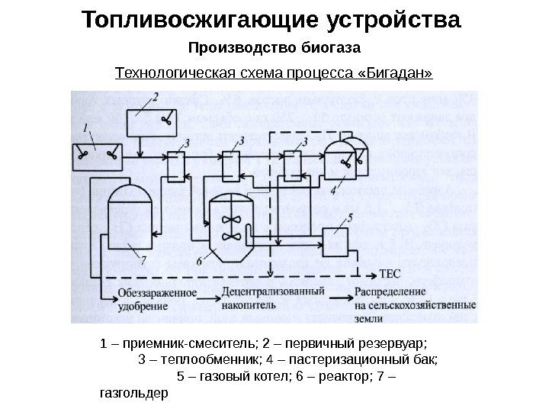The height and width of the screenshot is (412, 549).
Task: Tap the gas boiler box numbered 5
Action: pyautogui.click(x=335, y=240)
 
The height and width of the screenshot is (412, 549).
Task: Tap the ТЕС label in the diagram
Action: pyautogui.click(x=390, y=273)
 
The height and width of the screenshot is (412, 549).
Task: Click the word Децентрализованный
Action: pyautogui.click(x=273, y=291)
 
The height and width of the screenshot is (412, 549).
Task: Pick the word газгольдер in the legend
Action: pyautogui.click(x=133, y=394)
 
